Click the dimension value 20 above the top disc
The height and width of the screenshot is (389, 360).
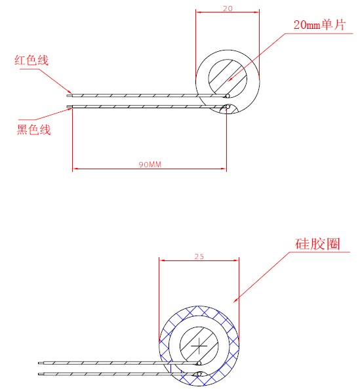[228, 9]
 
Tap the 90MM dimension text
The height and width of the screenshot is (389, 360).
[150, 165]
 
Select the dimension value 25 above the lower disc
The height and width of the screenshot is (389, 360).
[199, 256]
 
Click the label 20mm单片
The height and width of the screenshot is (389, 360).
[319, 25]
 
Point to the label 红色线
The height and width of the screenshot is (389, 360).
[31, 60]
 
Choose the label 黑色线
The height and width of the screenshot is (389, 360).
[33, 129]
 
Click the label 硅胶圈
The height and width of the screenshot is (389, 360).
[317, 243]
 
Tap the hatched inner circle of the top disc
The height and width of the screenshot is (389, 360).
[228, 79]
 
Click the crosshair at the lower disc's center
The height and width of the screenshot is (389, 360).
[199, 346]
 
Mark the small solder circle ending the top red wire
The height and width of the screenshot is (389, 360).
[228, 96]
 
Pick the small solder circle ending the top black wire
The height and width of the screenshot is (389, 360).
[228, 107]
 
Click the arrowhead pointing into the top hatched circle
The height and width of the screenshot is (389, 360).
[230, 79]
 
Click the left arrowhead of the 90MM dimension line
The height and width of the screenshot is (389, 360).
[75, 169]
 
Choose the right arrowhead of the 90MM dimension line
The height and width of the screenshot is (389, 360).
[223, 169]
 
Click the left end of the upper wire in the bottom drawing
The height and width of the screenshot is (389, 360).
[39, 363]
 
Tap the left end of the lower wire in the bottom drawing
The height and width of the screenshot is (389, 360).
[39, 374]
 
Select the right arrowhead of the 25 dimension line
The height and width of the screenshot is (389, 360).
[235, 260]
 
